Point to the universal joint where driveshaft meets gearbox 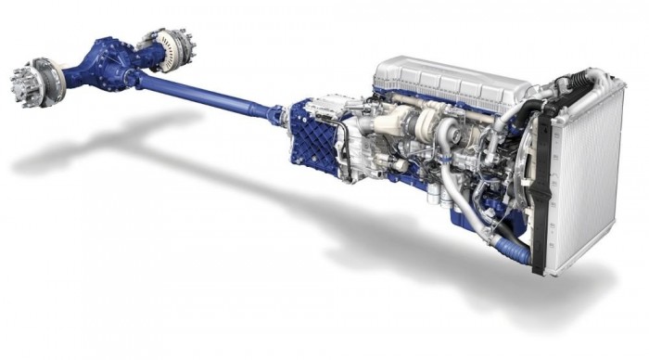[x=276, y=116]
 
